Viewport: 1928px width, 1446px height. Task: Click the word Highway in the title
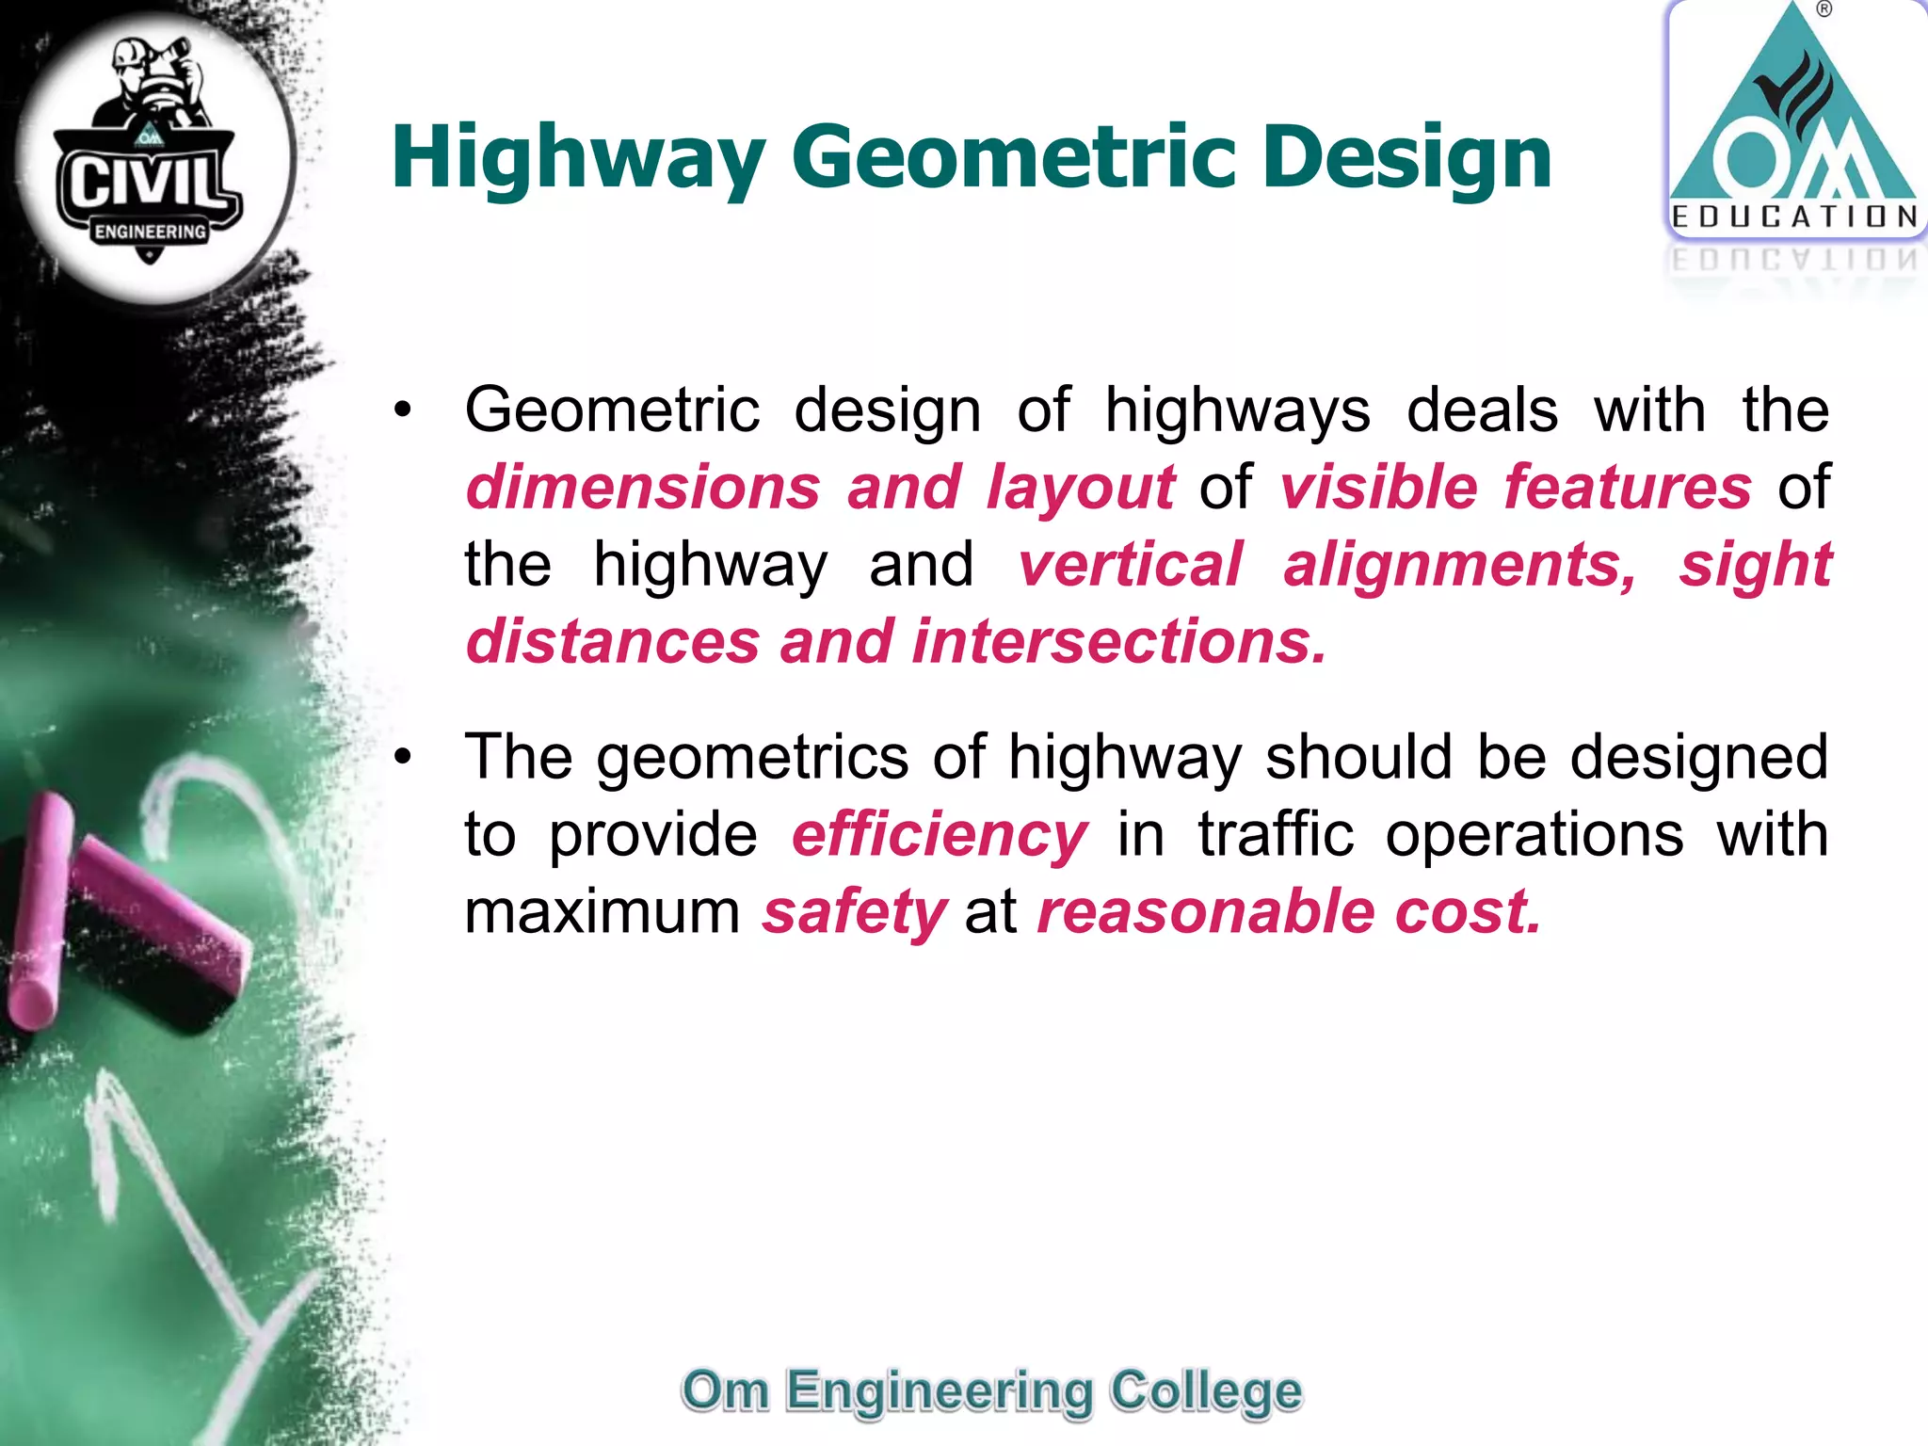[x=576, y=158]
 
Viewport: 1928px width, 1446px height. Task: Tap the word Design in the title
[x=1406, y=158]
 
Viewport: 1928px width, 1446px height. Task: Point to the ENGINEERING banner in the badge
[x=150, y=232]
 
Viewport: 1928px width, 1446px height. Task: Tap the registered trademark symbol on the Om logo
[x=1824, y=10]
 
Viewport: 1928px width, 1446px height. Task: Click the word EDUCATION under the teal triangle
[x=1794, y=217]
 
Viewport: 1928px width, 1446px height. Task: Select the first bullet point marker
[x=404, y=410]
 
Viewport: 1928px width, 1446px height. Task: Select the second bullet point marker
[x=404, y=757]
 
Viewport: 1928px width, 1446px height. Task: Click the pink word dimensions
[x=643, y=488]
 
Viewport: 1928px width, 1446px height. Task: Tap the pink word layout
[x=1080, y=488]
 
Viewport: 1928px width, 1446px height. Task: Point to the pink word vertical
[x=1130, y=565]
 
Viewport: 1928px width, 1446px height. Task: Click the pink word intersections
[x=1118, y=642]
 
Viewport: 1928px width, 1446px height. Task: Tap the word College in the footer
[x=1205, y=1391]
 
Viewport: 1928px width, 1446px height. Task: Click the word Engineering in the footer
[x=939, y=1391]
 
